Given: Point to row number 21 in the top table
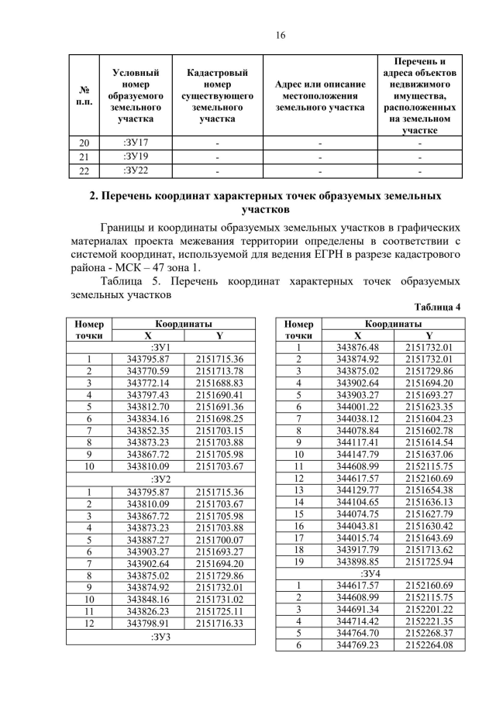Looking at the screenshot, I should coord(84,157).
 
